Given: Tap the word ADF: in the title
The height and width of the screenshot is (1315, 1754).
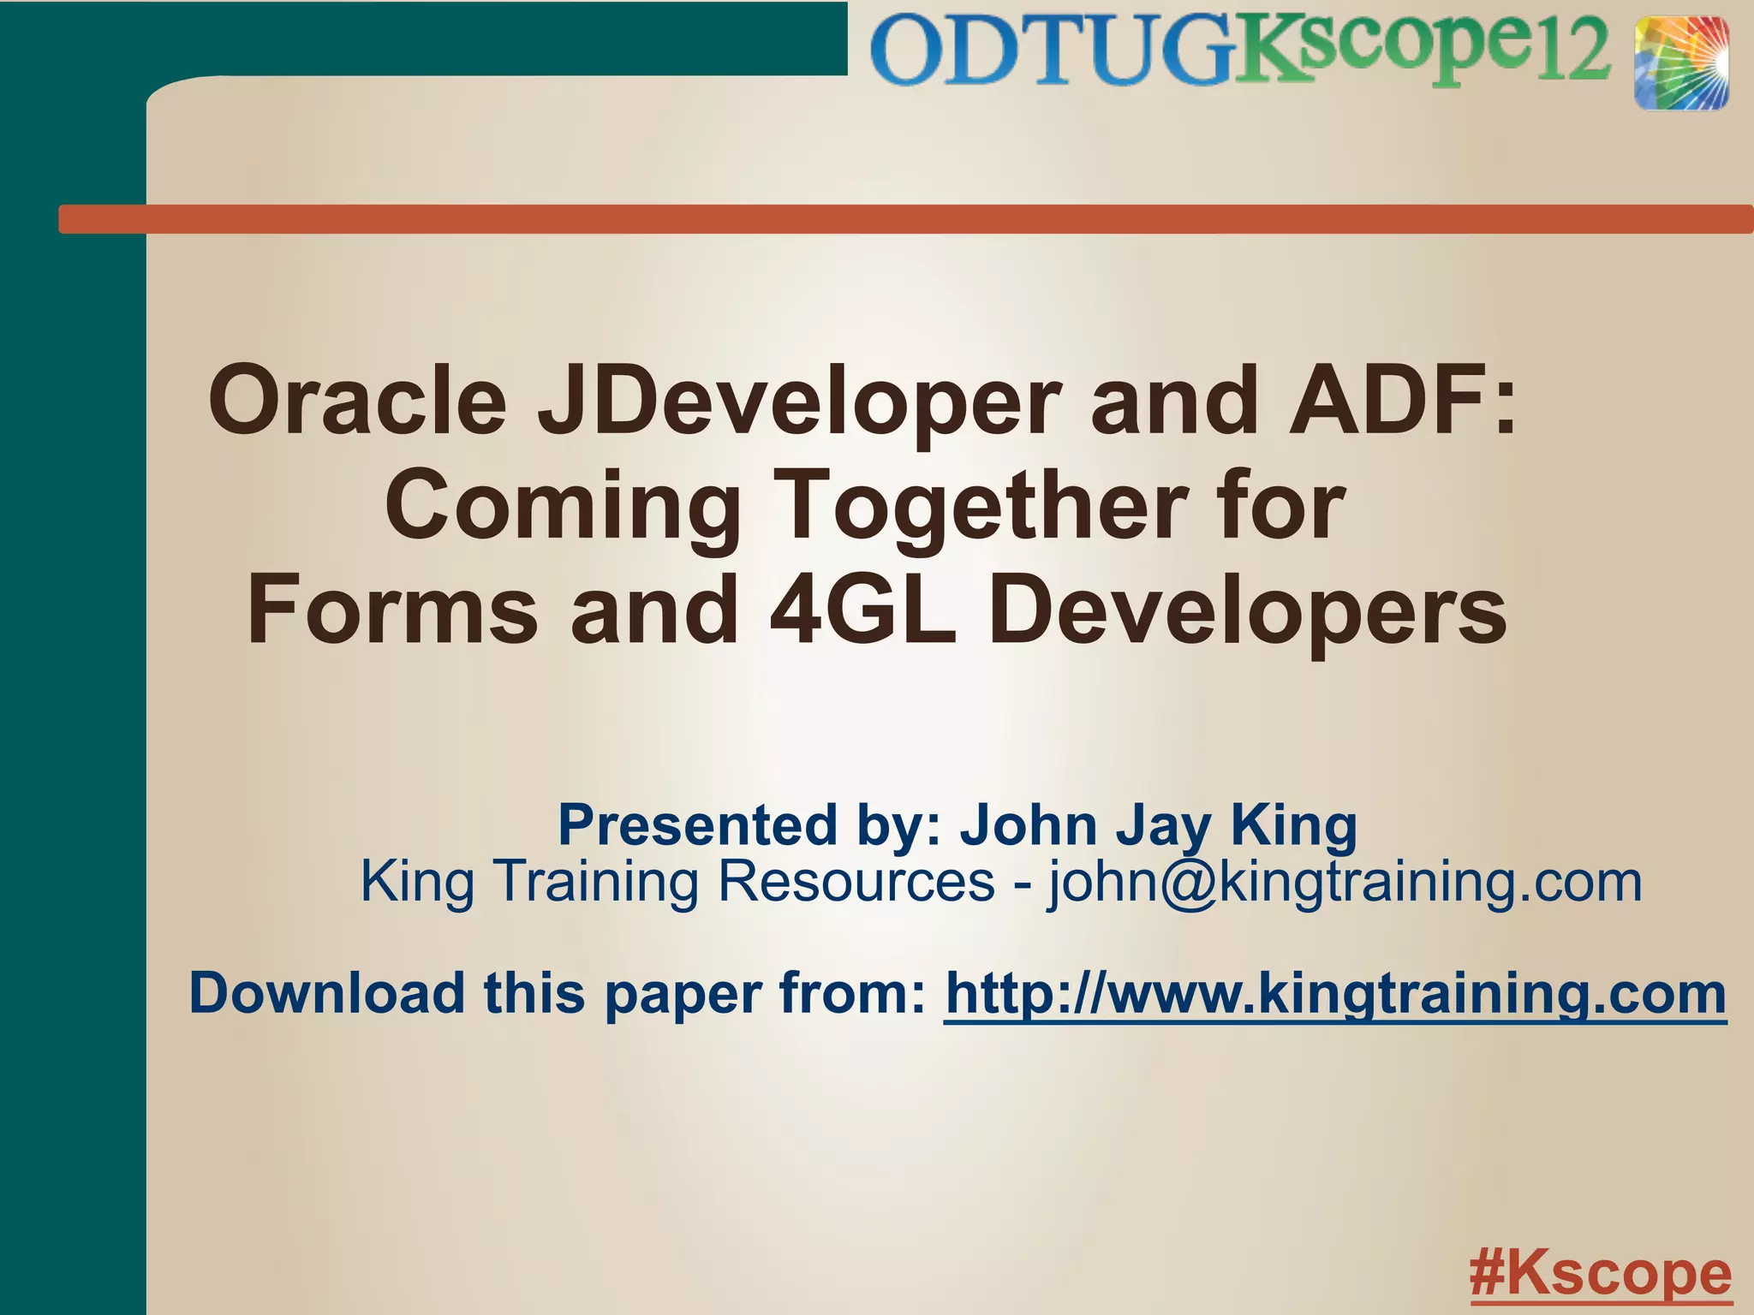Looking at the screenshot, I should point(1404,400).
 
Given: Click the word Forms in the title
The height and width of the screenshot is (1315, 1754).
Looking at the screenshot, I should point(393,610).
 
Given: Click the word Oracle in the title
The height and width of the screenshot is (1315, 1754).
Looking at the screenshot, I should point(358,400).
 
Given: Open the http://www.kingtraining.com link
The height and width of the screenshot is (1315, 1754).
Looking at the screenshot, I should point(1335,994).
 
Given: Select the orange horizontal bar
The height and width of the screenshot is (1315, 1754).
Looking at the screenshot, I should point(905,219).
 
